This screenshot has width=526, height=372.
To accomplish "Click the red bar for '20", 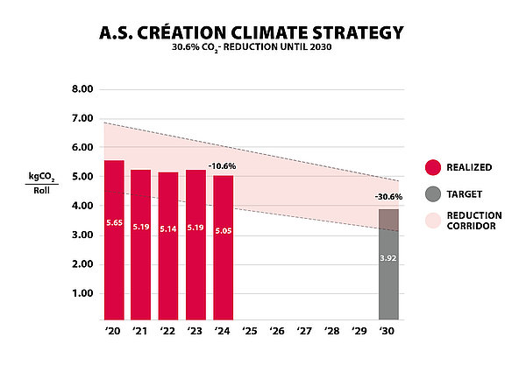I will pos(114,241).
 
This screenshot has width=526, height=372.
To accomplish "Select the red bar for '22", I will pos(168,246).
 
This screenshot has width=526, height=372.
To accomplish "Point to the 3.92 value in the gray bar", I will pos(388,259).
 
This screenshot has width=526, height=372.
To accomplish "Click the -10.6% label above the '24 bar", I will pos(222,165).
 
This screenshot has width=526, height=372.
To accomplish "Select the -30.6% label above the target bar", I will pos(388,196).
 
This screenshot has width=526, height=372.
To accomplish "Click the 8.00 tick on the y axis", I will pos(82,89).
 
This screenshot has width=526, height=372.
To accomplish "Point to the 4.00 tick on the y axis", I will pos(82,206).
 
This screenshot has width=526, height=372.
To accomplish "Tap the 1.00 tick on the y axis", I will pos(82,293).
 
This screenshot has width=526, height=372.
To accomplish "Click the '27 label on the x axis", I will pos(305,332).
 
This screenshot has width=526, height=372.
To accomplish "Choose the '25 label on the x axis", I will pos(251,332).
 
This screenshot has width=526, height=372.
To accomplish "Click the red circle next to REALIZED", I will pos(431,165).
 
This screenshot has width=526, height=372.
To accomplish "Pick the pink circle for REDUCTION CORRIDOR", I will pos(431,221).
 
